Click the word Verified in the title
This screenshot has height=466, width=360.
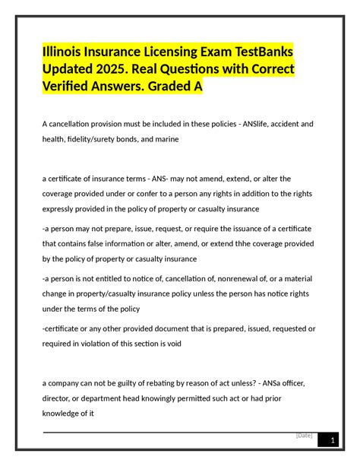point(69,87)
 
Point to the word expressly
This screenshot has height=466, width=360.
point(61,208)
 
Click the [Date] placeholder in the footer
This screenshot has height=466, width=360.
point(305,436)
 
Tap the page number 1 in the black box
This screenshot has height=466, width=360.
point(330,442)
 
